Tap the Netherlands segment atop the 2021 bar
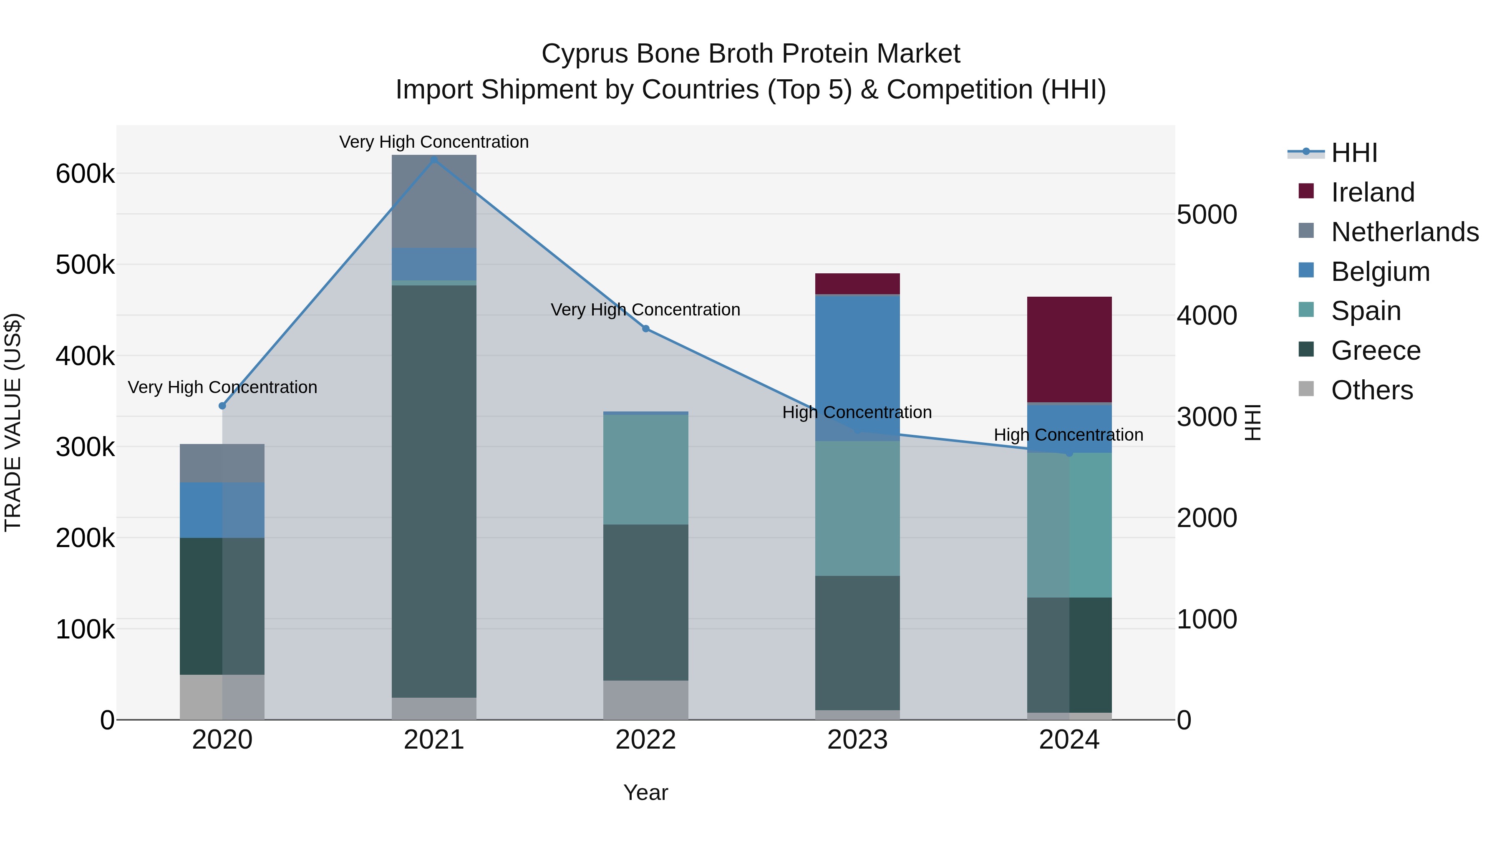(434, 201)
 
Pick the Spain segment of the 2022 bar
(645, 469)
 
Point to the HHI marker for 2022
(645, 329)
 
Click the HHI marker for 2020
(222, 406)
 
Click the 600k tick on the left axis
(85, 174)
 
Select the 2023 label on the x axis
(857, 740)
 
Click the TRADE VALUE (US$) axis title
(13, 422)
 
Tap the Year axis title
(645, 792)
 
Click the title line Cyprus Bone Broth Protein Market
(751, 54)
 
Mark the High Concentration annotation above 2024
(1068, 435)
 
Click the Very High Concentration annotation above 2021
(434, 142)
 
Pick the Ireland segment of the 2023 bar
(857, 283)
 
